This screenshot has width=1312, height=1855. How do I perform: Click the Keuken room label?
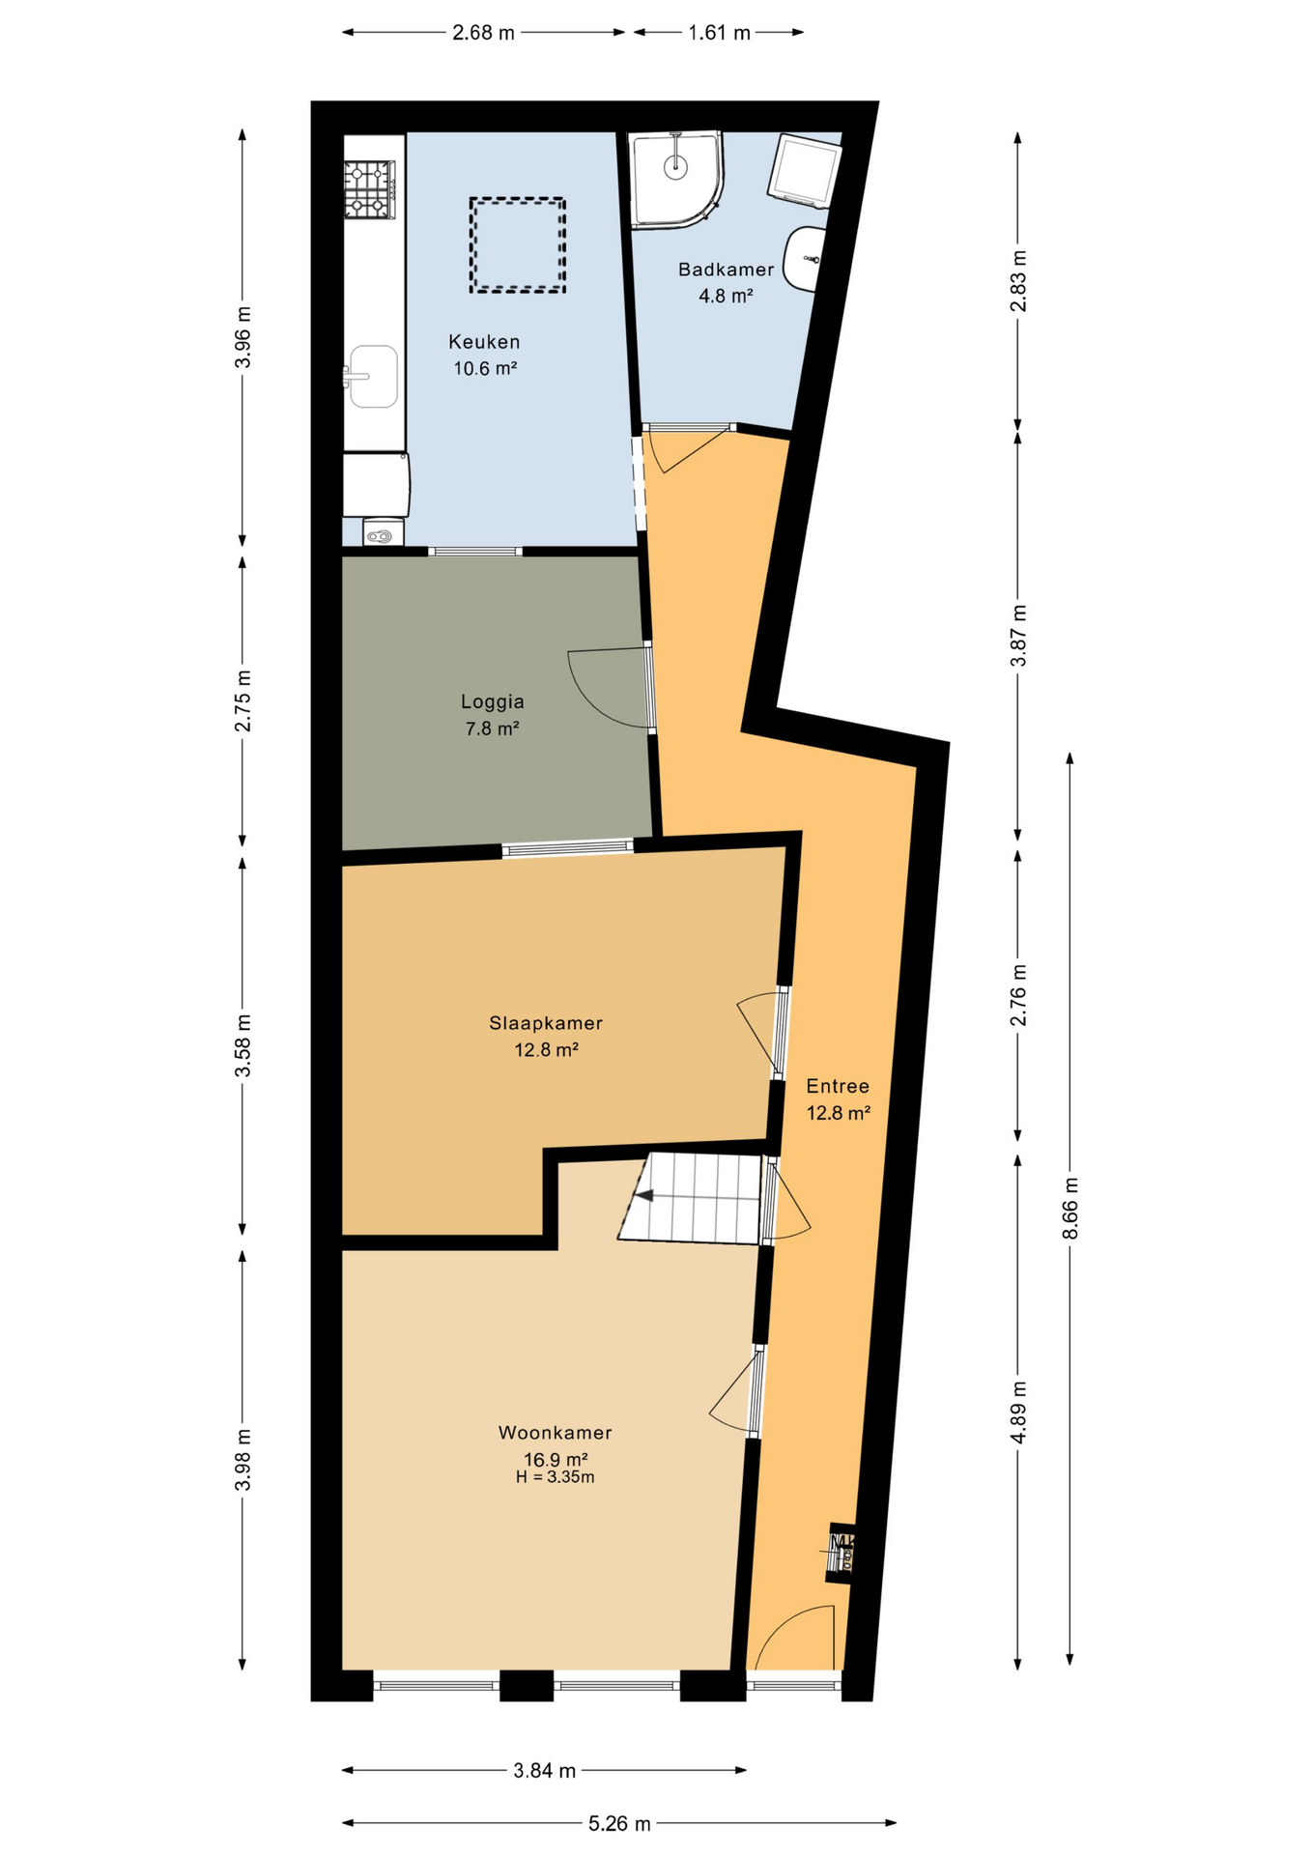coord(484,342)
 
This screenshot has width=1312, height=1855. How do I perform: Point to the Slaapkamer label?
coord(546,1023)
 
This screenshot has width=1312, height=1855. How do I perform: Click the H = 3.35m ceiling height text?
coord(555,1477)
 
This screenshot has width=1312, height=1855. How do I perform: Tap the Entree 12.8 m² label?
coord(838,1099)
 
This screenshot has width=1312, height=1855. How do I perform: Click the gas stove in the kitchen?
coord(370,190)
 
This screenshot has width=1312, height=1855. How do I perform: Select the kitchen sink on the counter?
coord(373,377)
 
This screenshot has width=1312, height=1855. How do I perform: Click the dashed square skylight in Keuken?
coord(517,245)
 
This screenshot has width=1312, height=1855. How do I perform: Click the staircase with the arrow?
coord(693,1198)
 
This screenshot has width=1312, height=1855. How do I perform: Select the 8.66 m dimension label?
coord(1070,1209)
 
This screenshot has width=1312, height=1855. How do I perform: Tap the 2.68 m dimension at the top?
coord(483,33)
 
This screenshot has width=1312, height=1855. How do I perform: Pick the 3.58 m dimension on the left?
coord(242,1045)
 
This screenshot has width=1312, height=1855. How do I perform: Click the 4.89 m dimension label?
coord(1017,1412)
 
